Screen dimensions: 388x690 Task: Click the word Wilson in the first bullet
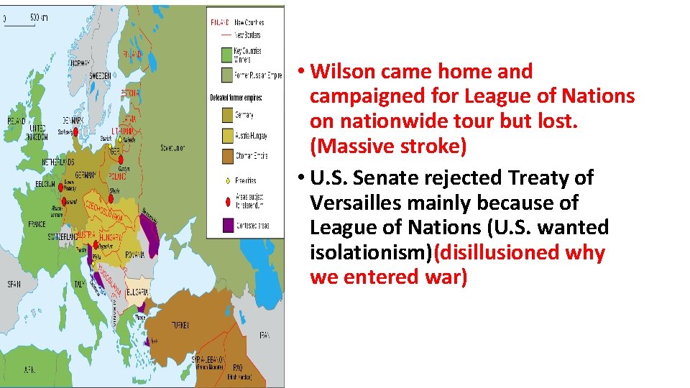point(343,72)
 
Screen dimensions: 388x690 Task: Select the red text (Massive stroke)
point(388,147)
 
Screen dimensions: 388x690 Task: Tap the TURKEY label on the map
point(180,325)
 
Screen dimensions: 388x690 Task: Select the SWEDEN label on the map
point(99,75)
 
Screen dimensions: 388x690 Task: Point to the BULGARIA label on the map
point(138,291)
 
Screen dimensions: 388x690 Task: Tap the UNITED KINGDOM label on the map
point(37,132)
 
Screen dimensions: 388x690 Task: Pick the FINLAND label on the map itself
point(132,53)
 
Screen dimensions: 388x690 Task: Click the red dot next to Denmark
point(75,131)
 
